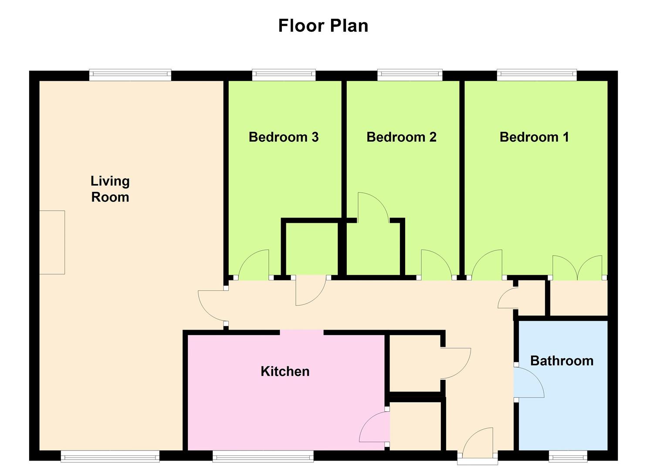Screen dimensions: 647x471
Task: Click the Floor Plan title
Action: pyautogui.click(x=323, y=26)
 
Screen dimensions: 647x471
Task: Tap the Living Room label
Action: pyautogui.click(x=110, y=189)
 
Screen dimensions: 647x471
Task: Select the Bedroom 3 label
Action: pyautogui.click(x=283, y=137)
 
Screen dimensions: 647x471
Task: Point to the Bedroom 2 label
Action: pyautogui.click(x=401, y=137)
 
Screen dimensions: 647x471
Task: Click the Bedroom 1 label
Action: pyautogui.click(x=534, y=137)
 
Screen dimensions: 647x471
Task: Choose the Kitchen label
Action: pyautogui.click(x=285, y=372)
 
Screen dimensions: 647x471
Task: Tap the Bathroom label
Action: pyautogui.click(x=562, y=361)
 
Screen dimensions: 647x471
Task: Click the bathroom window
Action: pyautogui.click(x=568, y=457)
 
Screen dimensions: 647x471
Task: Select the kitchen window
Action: pyautogui.click(x=263, y=457)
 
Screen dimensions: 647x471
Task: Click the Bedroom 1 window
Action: pyautogui.click(x=537, y=75)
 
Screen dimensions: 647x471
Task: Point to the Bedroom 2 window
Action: pyautogui.click(x=410, y=75)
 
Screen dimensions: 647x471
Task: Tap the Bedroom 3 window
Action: pyautogui.click(x=284, y=75)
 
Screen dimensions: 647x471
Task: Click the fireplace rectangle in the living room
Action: pyautogui.click(x=52, y=242)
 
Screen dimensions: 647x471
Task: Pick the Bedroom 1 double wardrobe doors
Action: pyautogui.click(x=577, y=268)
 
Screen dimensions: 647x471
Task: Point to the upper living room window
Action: pyautogui.click(x=130, y=75)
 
